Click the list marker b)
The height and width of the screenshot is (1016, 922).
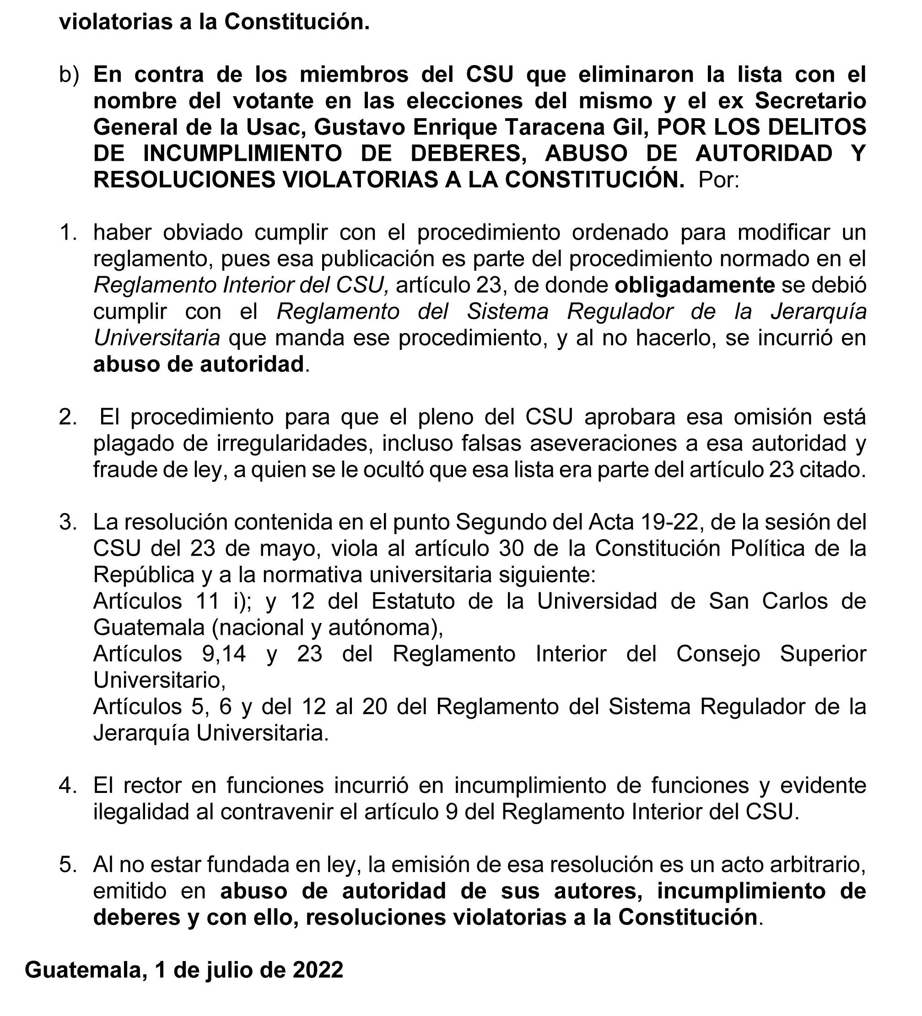point(69,75)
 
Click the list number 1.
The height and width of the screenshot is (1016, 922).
point(69,233)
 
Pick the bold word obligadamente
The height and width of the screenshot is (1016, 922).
point(695,285)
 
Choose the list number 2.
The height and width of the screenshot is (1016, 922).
point(69,417)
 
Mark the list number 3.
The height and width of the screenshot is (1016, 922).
point(69,522)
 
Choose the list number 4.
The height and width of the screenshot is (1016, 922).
point(69,786)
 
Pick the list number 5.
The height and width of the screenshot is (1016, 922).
point(69,864)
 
